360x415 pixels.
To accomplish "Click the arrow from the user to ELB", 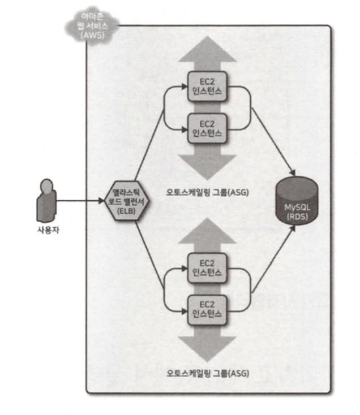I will pyautogui.click(x=82, y=200).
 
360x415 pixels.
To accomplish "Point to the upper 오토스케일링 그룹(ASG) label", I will pyautogui.click(x=208, y=192).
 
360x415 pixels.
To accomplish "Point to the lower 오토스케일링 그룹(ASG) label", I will pyautogui.click(x=208, y=374).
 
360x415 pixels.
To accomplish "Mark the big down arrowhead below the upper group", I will pyautogui.click(x=207, y=165).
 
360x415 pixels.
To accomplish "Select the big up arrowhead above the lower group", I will pyautogui.click(x=207, y=231).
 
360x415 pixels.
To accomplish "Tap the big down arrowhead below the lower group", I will pyautogui.click(x=207, y=345).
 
